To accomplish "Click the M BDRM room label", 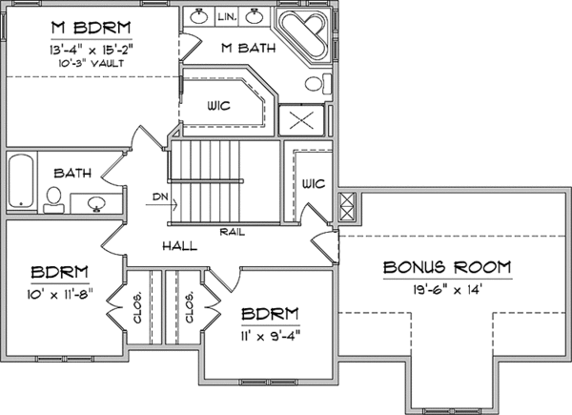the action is tap(92, 28).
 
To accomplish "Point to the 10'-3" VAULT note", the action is tap(92, 64).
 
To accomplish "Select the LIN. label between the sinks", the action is tap(227, 17).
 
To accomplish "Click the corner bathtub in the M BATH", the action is tap(305, 34).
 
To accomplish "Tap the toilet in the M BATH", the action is tap(317, 84).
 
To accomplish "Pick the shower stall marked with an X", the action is tap(301, 120).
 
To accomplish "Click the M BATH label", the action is tap(249, 48).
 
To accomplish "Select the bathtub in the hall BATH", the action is tap(21, 180).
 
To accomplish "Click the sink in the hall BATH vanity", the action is tap(96, 203).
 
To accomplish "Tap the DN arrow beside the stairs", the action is tap(161, 204).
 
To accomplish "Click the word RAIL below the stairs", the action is tap(233, 232).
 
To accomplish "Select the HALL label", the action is tap(180, 246).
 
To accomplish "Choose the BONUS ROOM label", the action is tap(447, 267).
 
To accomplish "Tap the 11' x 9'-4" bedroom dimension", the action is tap(271, 336).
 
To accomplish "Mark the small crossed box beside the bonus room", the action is tap(347, 207).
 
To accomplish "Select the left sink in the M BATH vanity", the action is tap(199, 16).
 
